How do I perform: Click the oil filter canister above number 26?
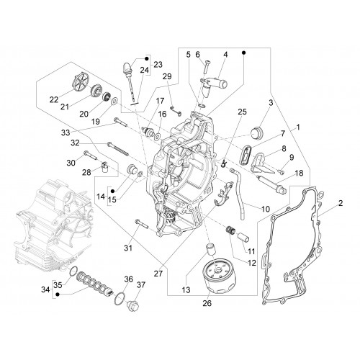tap(219, 276)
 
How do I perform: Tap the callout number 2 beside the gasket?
tap(341, 204)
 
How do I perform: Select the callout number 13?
tap(186, 290)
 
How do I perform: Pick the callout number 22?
tap(54, 99)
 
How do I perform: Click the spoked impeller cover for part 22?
tap(81, 81)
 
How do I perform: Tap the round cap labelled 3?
tap(257, 132)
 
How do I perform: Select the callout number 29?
tap(167, 76)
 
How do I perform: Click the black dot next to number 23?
tap(147, 59)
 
